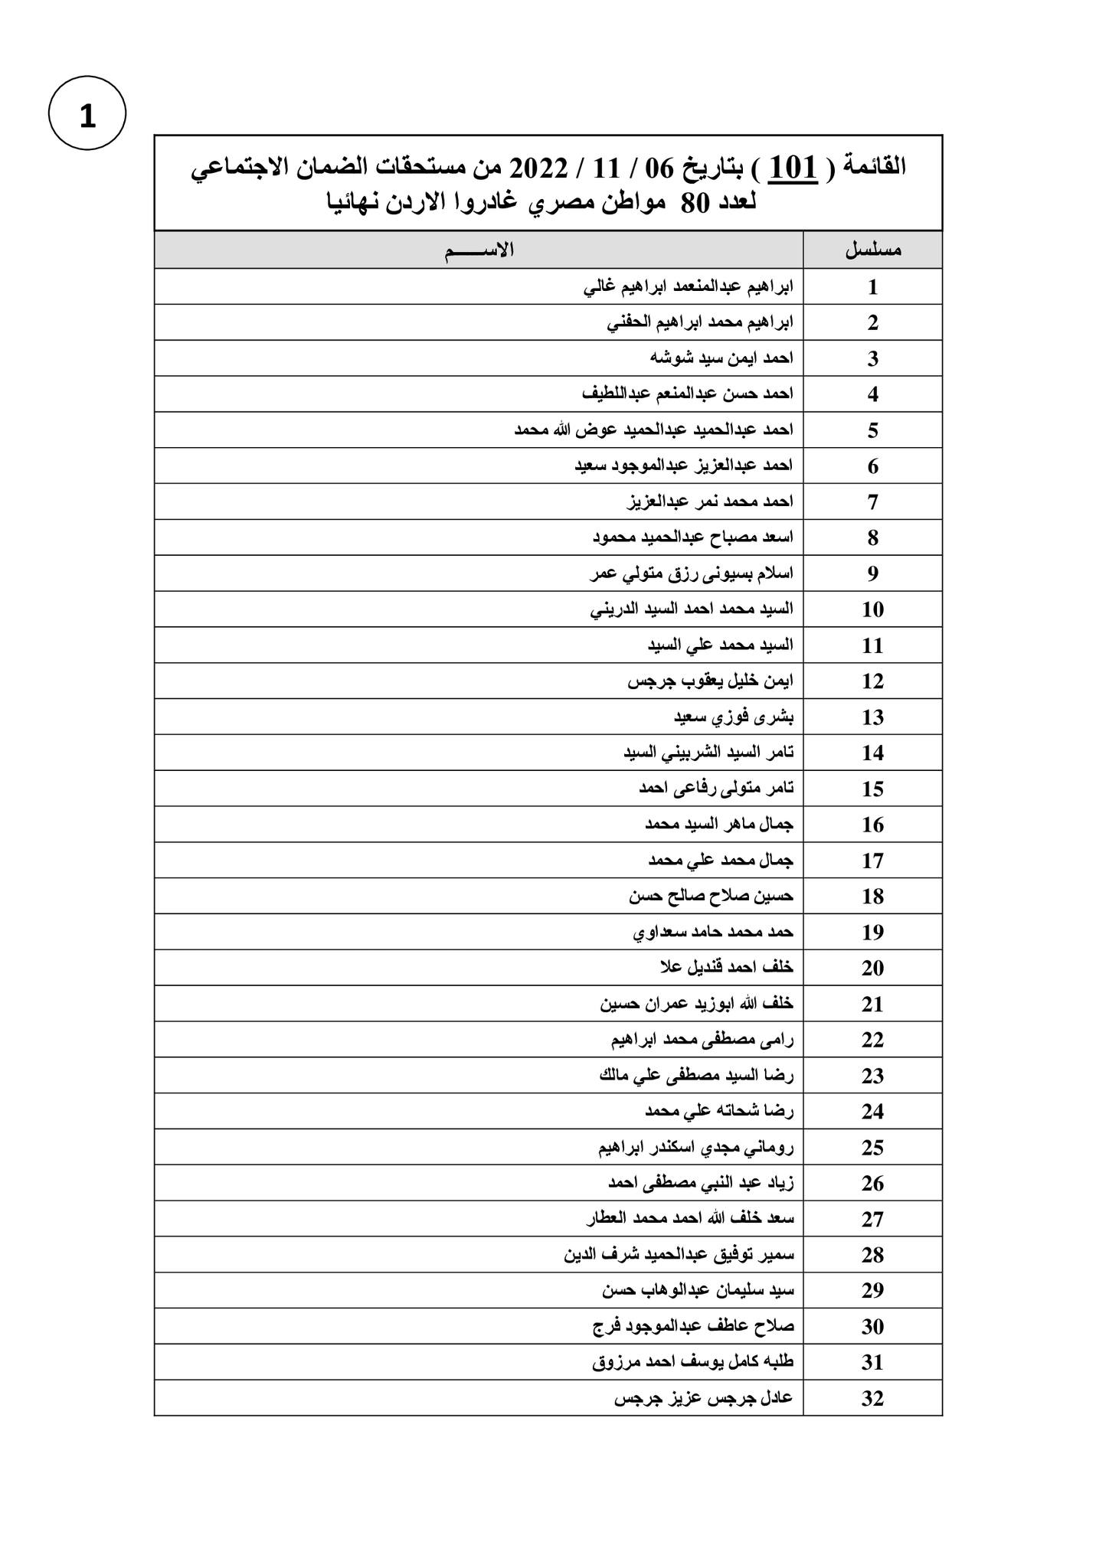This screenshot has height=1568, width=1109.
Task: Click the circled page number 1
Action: [x=87, y=113]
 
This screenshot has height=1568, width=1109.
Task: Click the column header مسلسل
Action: [x=872, y=250]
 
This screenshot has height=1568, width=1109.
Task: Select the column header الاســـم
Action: [x=479, y=250]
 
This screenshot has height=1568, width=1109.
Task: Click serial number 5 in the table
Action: [x=872, y=430]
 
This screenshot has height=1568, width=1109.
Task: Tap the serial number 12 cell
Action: [x=872, y=681]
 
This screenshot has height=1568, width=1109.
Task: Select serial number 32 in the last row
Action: [x=872, y=1399]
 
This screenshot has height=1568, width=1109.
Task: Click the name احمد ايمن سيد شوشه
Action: [x=721, y=358]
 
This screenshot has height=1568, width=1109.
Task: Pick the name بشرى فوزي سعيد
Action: [x=733, y=717]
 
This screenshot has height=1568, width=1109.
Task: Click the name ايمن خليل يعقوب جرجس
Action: [x=710, y=681]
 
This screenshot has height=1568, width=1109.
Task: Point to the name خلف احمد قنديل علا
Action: [x=726, y=968]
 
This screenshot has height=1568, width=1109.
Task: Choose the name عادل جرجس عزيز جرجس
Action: [x=703, y=1398]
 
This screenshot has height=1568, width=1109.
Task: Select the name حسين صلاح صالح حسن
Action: [x=711, y=896]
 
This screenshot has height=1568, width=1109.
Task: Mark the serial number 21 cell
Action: [x=872, y=1004]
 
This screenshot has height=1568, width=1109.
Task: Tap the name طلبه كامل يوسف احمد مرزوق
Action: [x=692, y=1362]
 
